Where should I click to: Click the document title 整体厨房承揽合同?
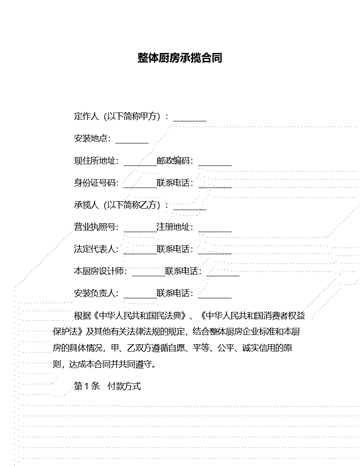pyautogui.click(x=180, y=58)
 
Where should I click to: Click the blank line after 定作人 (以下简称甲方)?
pyautogui.click(x=190, y=120)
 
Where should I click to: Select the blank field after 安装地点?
pyautogui.click(x=132, y=143)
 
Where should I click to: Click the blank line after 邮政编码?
pyautogui.click(x=215, y=165)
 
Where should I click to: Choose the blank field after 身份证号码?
pyautogui.click(x=140, y=187)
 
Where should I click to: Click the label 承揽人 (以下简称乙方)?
pyautogui.click(x=117, y=205)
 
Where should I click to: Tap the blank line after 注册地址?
pyautogui.click(x=215, y=231)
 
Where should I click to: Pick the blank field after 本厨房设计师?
pyautogui.click(x=149, y=275)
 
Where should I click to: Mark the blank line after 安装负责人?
pyautogui.click(x=140, y=297)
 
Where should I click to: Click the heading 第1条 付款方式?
pyautogui.click(x=107, y=386)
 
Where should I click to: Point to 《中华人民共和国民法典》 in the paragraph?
pyautogui.click(x=140, y=316)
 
